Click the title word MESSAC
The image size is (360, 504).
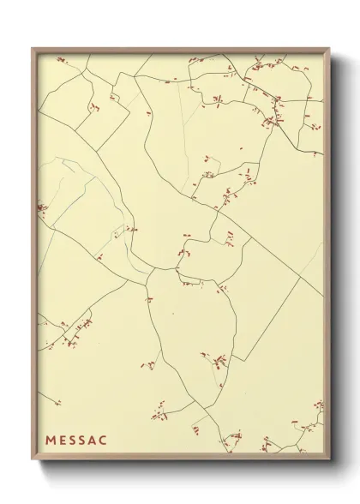77,441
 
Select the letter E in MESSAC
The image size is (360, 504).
63,441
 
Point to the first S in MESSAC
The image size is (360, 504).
74,441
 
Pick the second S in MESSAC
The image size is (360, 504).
84,441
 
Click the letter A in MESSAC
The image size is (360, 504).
94,441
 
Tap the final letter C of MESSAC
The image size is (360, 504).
105,441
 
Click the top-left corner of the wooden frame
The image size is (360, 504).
33,48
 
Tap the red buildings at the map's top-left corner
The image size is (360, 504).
61,60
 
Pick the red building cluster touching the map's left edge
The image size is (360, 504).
41,207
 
